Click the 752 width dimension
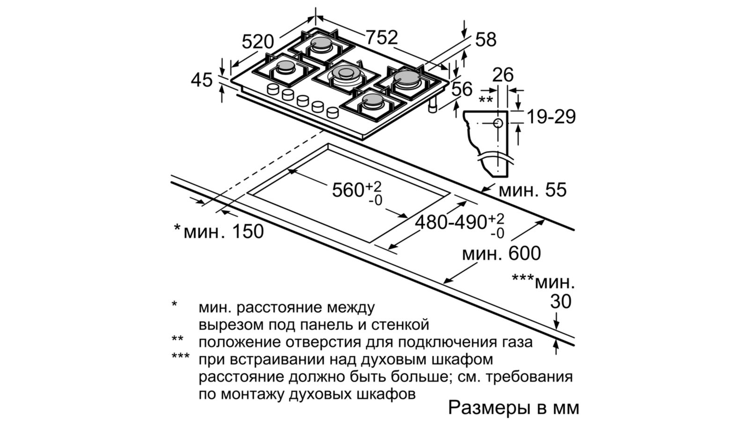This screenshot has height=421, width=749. click(x=381, y=37)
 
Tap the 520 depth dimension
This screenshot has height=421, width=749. click(x=257, y=42)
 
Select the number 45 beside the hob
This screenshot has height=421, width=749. click(x=202, y=80)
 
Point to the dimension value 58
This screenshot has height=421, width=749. click(x=485, y=40)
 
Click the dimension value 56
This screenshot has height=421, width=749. click(x=462, y=89)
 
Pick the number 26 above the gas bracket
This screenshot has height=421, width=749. click(x=503, y=75)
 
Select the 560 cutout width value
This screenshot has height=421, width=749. click(x=348, y=190)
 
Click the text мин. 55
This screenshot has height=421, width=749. click(x=532, y=190)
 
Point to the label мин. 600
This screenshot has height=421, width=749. click(x=501, y=254)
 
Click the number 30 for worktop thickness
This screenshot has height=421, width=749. click(x=560, y=302)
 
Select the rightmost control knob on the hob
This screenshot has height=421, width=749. click(x=332, y=112)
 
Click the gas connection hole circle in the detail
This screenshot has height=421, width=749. click(x=498, y=123)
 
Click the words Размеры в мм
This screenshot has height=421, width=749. click(x=514, y=407)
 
